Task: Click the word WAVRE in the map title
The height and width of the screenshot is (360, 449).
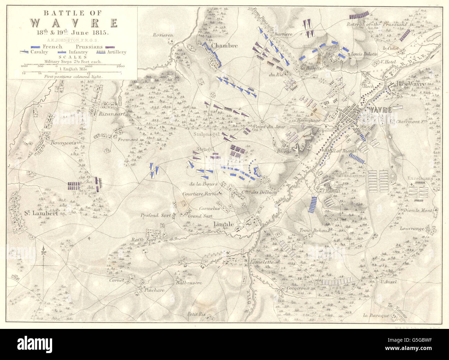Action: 73,23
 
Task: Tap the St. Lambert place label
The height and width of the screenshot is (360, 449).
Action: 40,213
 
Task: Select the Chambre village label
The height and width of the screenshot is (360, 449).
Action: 224,45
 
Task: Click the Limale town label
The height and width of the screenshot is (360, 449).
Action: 224,224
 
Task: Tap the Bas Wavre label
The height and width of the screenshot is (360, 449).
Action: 406,84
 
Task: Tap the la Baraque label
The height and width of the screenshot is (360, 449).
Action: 376,315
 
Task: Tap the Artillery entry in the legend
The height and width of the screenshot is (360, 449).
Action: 116,52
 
